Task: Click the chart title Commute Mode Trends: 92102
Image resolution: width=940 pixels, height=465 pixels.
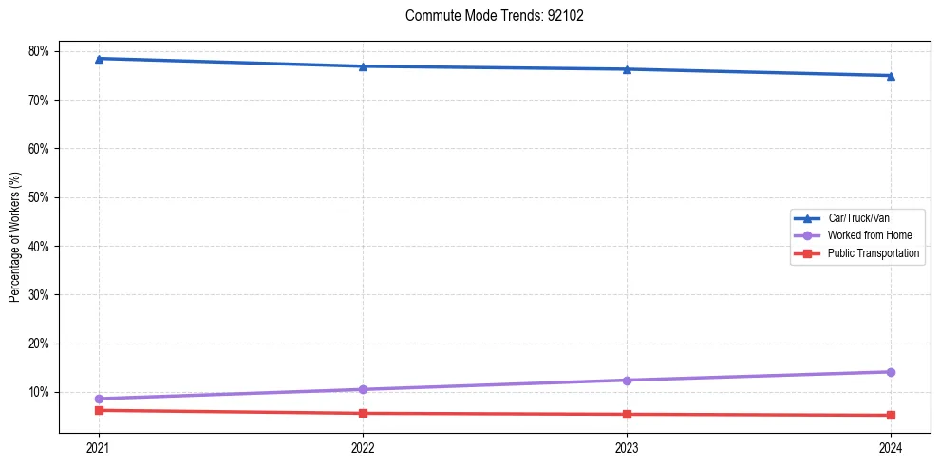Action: click(x=487, y=16)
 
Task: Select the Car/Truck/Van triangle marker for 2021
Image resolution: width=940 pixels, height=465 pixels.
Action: click(x=99, y=59)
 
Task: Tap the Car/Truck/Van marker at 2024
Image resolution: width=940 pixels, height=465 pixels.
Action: click(x=891, y=76)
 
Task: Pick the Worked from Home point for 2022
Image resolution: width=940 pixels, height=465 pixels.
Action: click(x=363, y=389)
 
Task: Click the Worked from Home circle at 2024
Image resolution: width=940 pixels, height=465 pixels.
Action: click(x=891, y=372)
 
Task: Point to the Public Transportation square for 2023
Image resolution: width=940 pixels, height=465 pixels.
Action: click(x=627, y=414)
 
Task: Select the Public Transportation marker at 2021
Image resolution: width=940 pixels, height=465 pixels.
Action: click(x=99, y=410)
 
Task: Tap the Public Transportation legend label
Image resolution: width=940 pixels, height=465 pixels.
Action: click(x=873, y=253)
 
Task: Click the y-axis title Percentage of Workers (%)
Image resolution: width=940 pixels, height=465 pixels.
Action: click(x=15, y=237)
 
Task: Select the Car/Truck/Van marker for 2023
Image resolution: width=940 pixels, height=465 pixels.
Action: click(x=627, y=69)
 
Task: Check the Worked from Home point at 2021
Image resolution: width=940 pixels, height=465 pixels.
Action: click(x=99, y=399)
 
